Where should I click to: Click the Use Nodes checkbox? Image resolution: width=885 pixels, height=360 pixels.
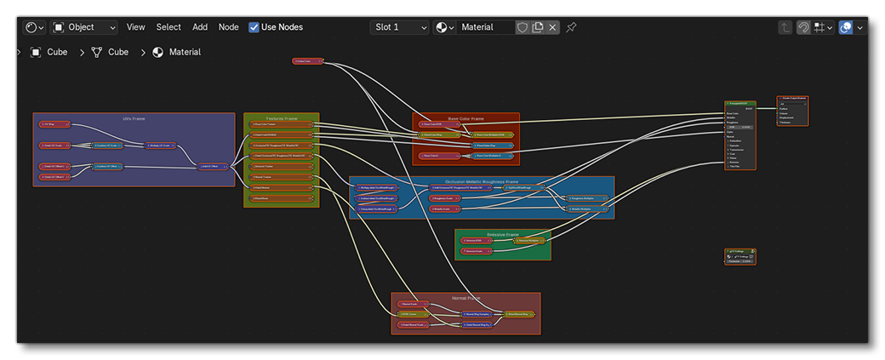coord(254,27)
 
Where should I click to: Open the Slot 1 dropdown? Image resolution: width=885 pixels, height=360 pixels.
coord(399,27)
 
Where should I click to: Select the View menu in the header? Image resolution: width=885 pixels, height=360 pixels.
coord(136,27)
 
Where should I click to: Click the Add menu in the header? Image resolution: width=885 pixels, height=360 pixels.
coord(200,27)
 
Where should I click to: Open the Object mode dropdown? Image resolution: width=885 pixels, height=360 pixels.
coord(84,27)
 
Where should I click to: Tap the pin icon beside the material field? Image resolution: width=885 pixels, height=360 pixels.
coord(571,27)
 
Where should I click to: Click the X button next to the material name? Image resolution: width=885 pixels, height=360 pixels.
coord(553,27)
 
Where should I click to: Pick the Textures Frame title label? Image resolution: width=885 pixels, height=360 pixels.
coord(281,117)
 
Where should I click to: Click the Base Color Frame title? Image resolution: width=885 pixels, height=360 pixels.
coord(465,118)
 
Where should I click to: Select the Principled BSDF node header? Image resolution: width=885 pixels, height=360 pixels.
coord(739,104)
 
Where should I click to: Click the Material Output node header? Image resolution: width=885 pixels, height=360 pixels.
coord(791,99)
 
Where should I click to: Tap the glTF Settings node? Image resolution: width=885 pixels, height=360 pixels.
coord(739,253)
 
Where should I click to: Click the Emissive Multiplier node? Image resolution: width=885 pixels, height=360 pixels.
coord(528,241)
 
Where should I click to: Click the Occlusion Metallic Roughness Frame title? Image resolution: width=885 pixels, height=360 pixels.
coord(482,180)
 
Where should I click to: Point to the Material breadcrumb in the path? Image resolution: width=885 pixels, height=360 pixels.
coord(184,52)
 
